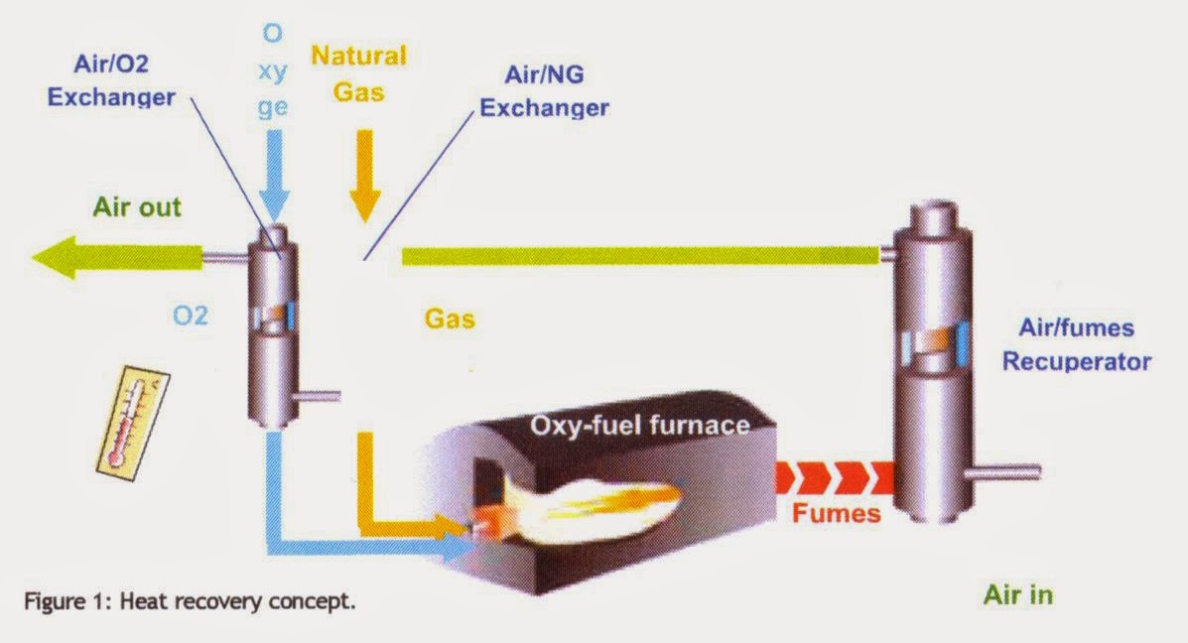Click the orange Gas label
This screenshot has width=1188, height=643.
click(450, 319)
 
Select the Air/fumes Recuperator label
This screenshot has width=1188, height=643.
click(1076, 344)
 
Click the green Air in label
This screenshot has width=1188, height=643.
click(1017, 595)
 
